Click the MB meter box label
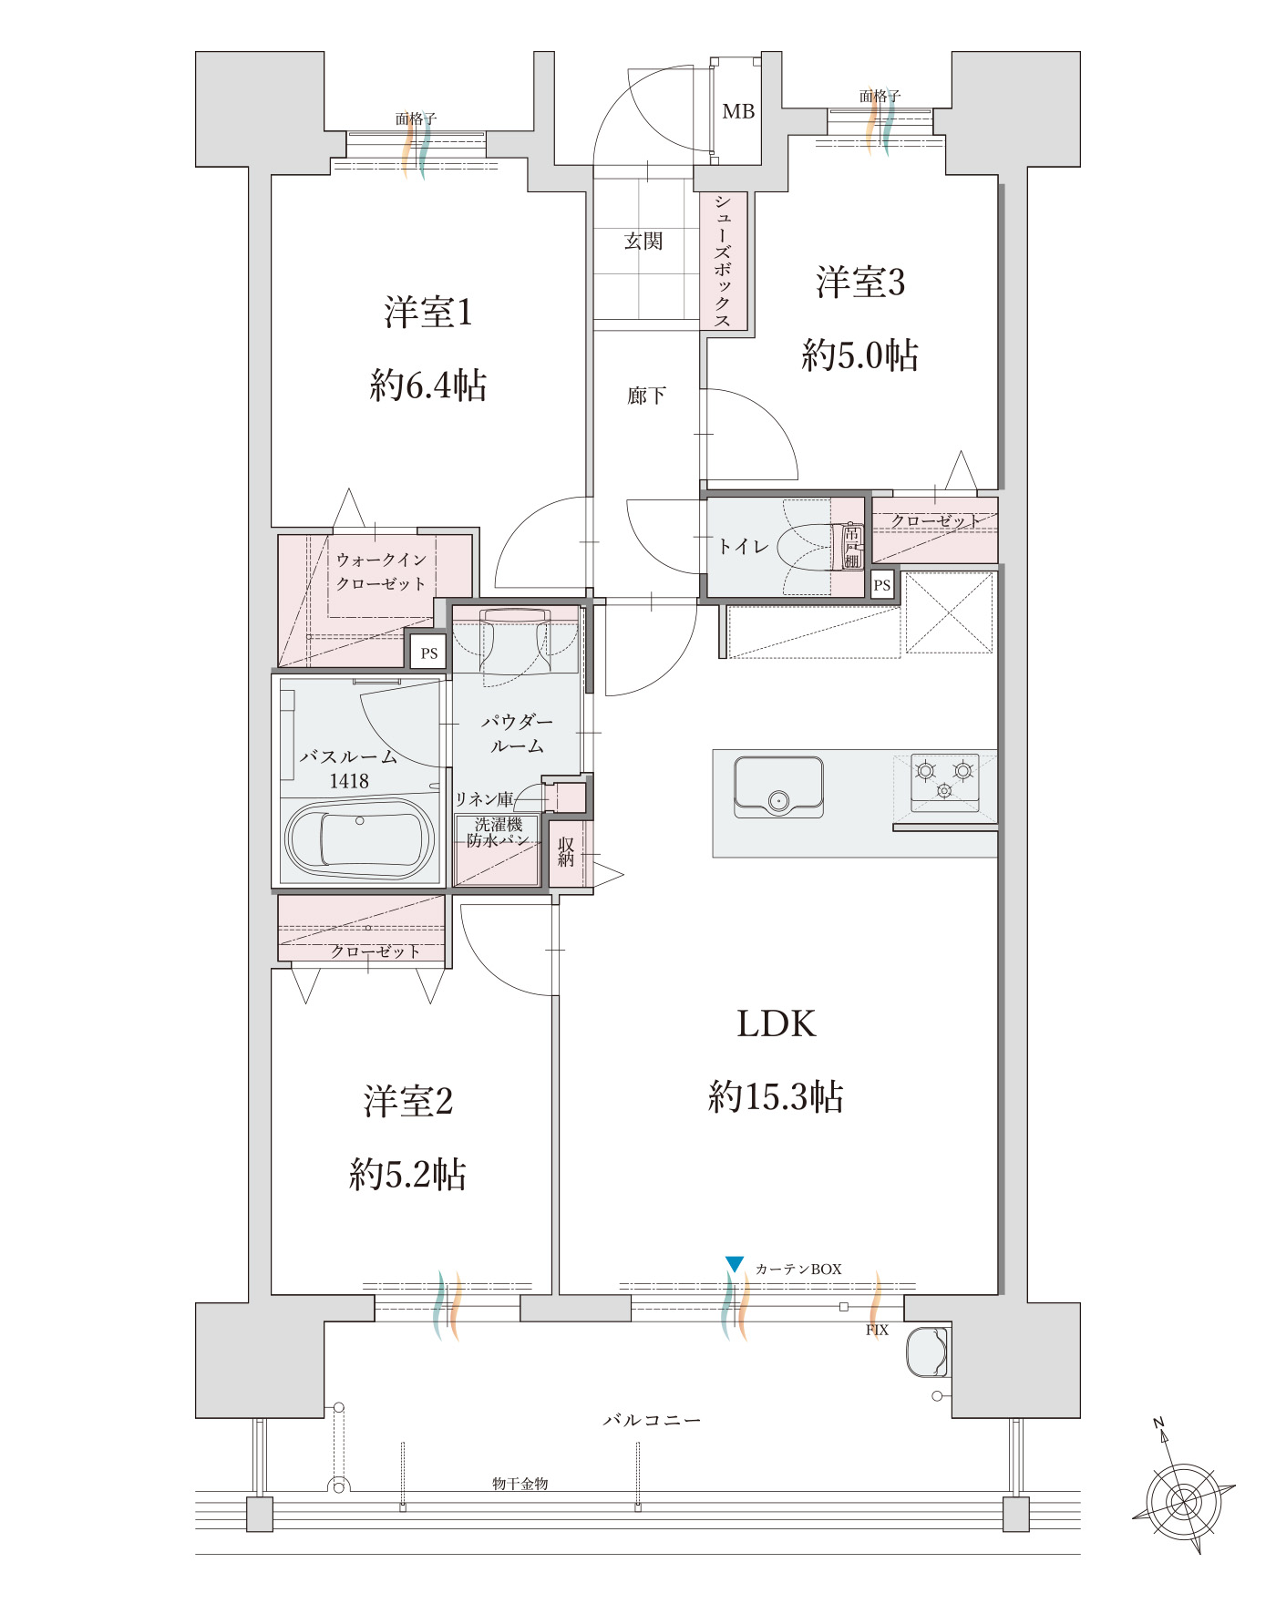click(738, 111)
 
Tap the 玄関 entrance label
click(643, 242)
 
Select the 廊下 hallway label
click(646, 396)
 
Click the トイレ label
click(744, 546)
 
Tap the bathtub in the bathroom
click(359, 840)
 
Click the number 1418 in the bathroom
click(349, 781)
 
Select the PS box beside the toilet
click(881, 585)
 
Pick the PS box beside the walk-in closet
click(429, 653)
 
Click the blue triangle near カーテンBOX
click(735, 1264)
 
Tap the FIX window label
click(877, 1331)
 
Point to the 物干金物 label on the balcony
click(520, 1484)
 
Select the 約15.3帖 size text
click(776, 1096)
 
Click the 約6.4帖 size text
click(427, 386)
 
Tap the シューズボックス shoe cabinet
click(724, 261)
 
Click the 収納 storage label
click(566, 852)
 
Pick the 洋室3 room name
click(860, 283)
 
